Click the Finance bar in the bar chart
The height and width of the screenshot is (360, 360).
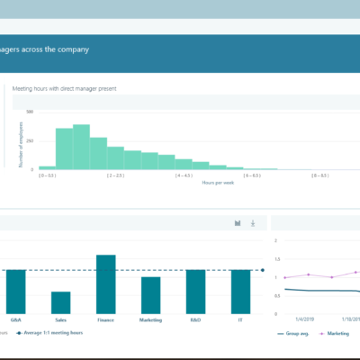(106, 283)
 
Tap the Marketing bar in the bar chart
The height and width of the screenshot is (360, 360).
(151, 294)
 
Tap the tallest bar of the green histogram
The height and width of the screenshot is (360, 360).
(81, 147)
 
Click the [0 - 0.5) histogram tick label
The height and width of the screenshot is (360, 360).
(47, 175)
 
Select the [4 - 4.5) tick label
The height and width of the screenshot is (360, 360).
(184, 175)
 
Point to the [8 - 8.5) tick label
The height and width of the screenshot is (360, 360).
(320, 175)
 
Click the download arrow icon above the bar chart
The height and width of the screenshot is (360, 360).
(253, 222)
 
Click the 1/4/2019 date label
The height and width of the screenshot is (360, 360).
(305, 318)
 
